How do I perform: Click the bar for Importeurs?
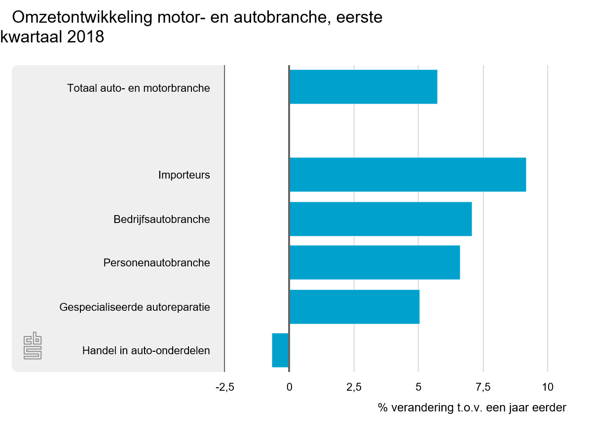pos(407,175)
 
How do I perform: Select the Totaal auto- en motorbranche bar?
pos(363,87)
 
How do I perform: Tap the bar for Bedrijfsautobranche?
pos(380,219)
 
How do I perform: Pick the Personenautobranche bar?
pos(374,262)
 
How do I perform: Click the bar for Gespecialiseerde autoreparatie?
pos(354,306)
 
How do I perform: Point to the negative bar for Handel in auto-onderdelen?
pos(280,350)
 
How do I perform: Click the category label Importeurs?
pos(184,175)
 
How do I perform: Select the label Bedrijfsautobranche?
pos(161,219)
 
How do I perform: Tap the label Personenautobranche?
pos(156,263)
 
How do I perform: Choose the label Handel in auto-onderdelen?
pos(146,351)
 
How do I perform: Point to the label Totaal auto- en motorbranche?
pos(139,89)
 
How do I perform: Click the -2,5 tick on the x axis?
pos(224,387)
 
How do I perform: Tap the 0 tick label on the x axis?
pos(289,387)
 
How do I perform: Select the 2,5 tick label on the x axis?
pos(354,387)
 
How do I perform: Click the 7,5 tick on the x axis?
pos(483,387)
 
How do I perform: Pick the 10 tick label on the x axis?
pos(548,387)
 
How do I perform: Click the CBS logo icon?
pos(33,347)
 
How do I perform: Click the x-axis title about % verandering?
pos(472,408)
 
